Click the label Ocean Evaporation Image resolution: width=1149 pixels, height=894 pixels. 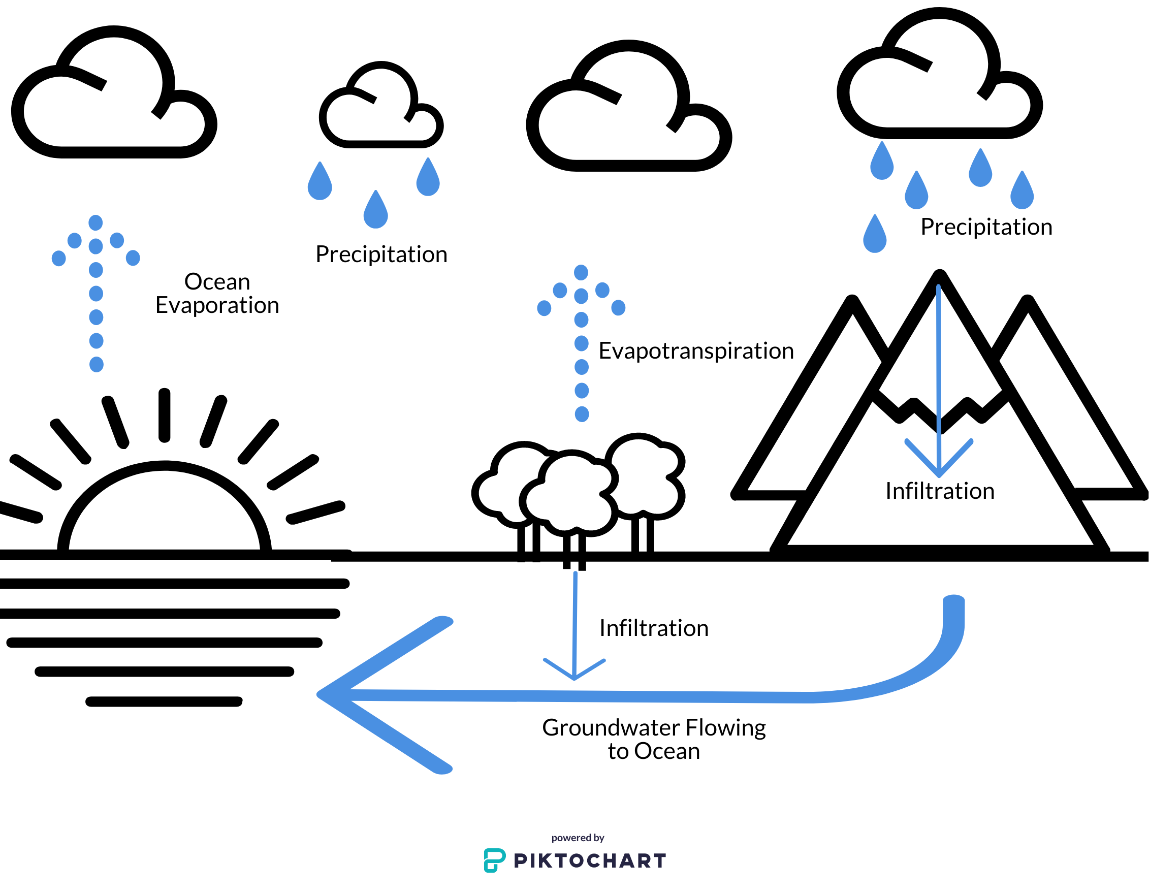point(217,293)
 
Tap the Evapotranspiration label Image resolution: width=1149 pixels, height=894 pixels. point(695,351)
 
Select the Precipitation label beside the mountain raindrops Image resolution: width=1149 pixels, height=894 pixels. point(986,227)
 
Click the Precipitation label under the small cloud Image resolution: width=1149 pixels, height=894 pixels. point(381,254)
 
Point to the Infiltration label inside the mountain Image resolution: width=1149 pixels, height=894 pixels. point(940,491)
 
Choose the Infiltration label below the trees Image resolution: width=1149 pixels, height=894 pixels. point(653,628)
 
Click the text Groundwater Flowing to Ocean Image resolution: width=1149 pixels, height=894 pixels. point(653,739)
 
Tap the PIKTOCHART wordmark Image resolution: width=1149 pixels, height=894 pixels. point(590,861)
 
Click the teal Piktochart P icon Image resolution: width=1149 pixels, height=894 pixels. point(494,860)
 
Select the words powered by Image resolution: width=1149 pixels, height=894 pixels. point(578,838)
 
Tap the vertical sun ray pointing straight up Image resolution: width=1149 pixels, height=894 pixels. point(164,415)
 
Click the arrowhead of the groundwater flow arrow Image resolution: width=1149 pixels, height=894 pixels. point(337,694)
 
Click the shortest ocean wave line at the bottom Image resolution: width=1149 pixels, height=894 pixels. point(164,701)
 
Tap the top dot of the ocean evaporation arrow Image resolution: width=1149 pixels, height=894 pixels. point(95,222)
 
